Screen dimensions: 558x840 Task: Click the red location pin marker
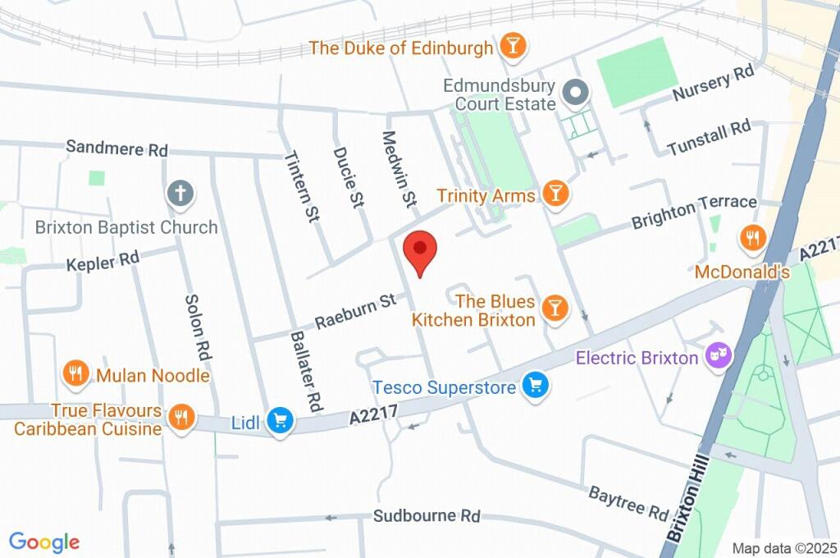[x=421, y=249]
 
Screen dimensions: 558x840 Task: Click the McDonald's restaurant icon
[x=751, y=239]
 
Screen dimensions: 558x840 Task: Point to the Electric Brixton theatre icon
[x=719, y=358]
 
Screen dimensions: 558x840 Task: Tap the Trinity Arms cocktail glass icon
[x=556, y=194]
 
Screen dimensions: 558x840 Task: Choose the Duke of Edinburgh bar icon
[x=512, y=47]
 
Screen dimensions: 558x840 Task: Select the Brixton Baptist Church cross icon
[x=180, y=195]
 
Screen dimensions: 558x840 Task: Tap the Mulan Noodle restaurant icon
[x=75, y=374]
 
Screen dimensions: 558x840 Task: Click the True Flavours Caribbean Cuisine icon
[x=180, y=418]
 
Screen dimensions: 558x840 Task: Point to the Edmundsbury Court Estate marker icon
[x=575, y=94]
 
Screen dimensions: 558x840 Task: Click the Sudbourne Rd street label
[x=426, y=516]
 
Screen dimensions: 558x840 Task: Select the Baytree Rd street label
[x=628, y=502]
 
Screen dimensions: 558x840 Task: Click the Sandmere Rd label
[x=116, y=149]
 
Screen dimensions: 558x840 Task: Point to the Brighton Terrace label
[x=693, y=212]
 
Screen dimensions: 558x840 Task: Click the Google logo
[x=43, y=542]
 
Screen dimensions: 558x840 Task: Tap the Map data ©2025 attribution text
[x=783, y=548]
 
